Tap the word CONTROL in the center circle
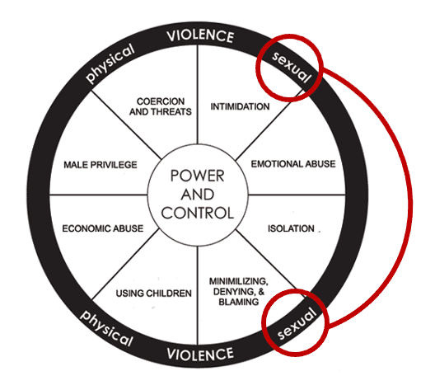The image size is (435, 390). point(199,212)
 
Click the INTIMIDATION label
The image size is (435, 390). point(241,106)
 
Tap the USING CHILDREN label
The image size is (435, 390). point(153,294)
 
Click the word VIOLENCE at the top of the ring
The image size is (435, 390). point(200,36)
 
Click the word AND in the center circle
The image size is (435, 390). point(199,195)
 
